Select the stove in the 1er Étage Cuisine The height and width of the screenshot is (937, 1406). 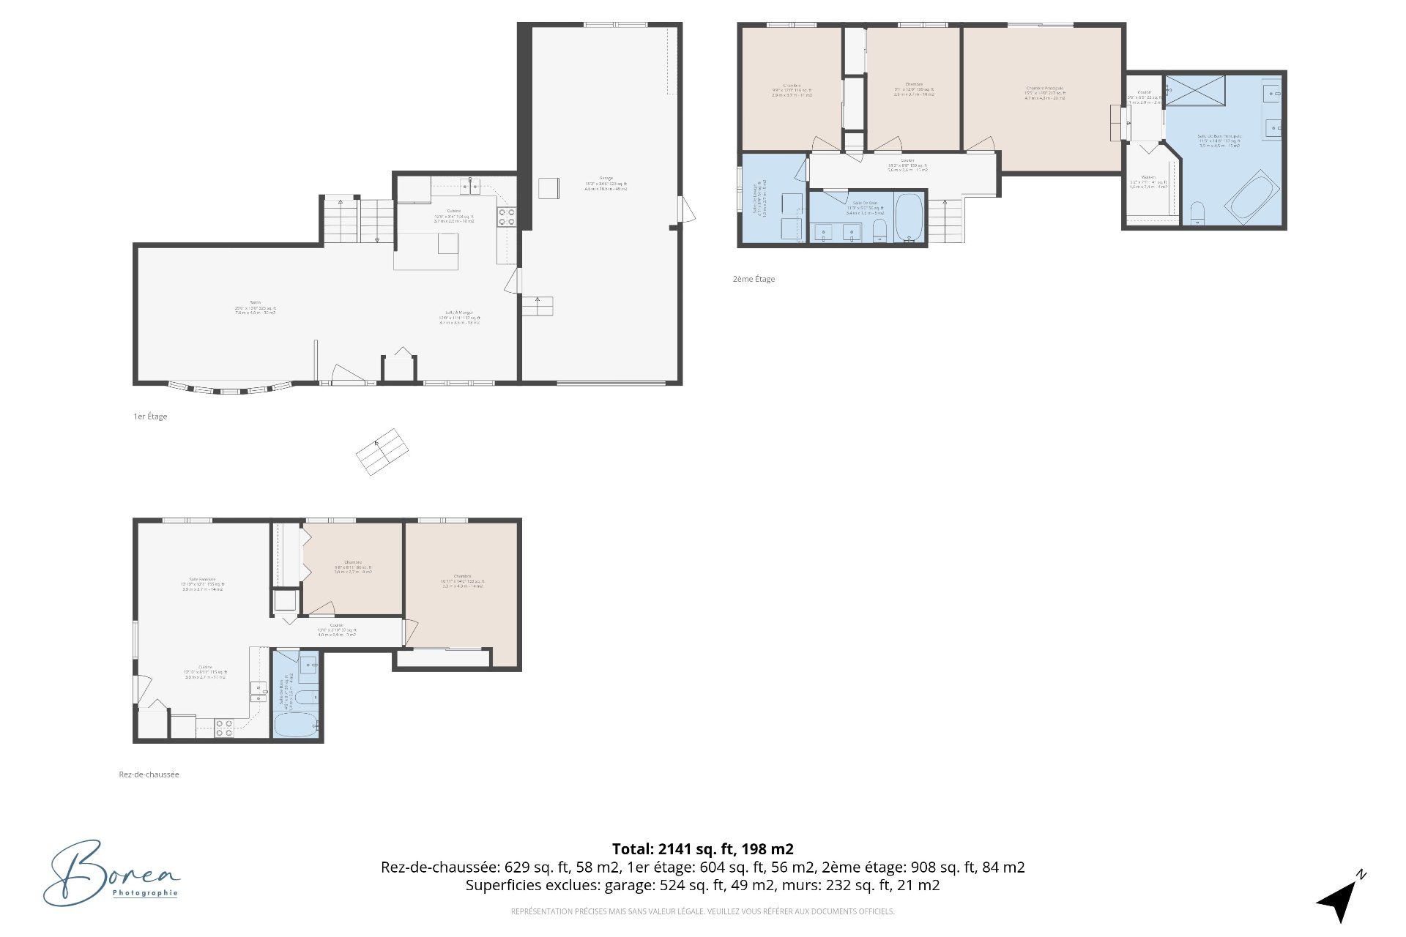click(507, 217)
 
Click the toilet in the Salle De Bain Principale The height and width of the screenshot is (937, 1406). click(1198, 213)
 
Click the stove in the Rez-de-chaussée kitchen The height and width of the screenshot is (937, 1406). click(225, 727)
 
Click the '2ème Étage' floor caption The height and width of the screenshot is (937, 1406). click(754, 279)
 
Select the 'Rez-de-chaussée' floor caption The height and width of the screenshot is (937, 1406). click(149, 774)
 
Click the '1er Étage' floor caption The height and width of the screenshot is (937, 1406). click(150, 417)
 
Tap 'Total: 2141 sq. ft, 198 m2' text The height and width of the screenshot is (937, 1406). click(702, 849)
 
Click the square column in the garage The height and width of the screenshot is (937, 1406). click(548, 188)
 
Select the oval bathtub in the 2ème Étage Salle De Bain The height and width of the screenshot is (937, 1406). click(910, 217)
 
